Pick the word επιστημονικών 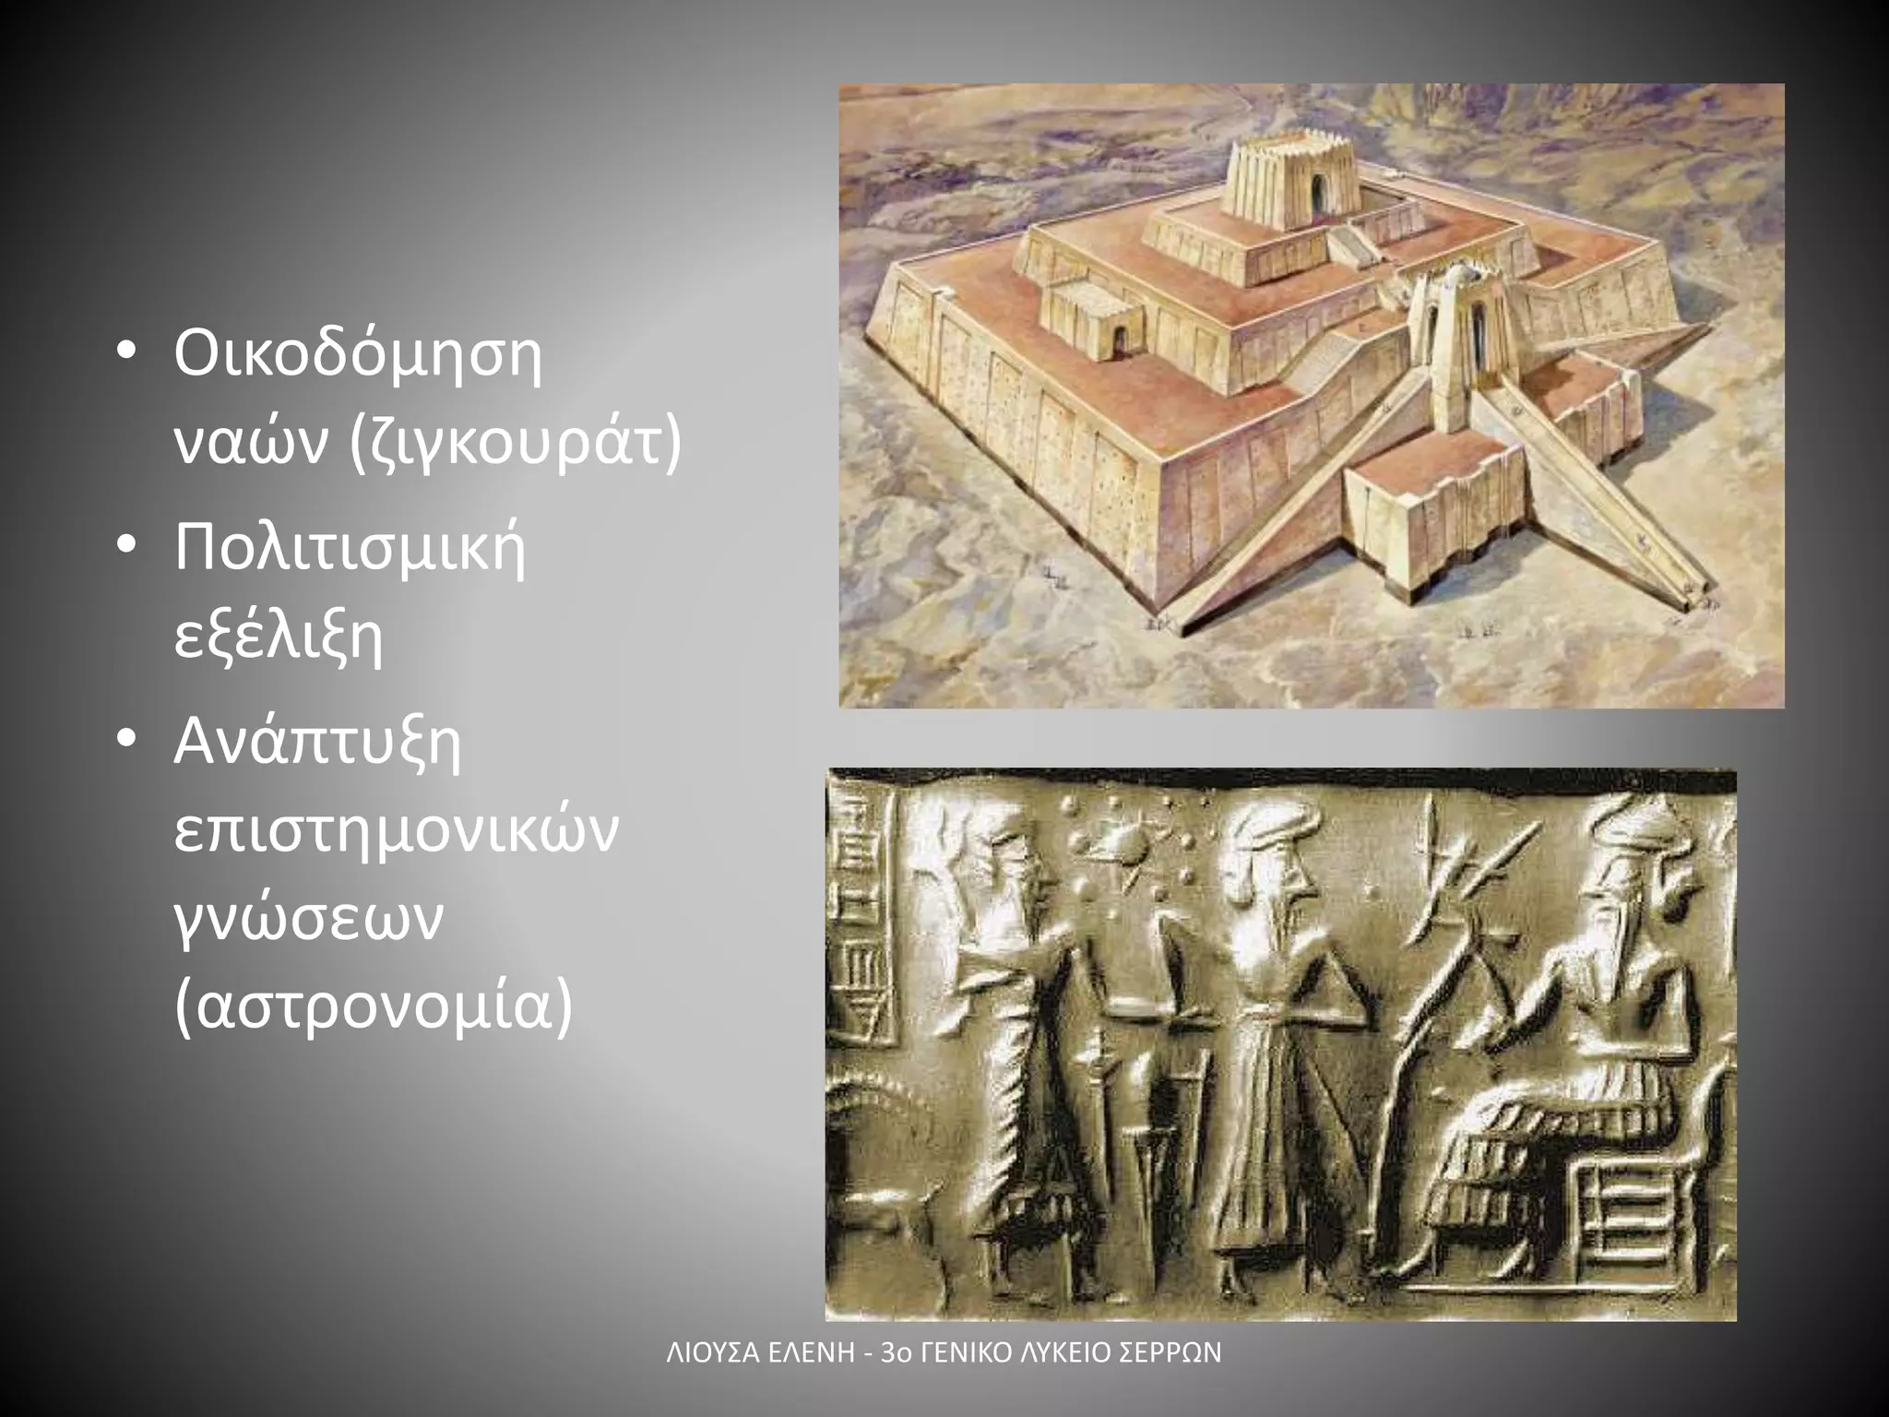click(397, 830)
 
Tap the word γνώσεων click(308, 918)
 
